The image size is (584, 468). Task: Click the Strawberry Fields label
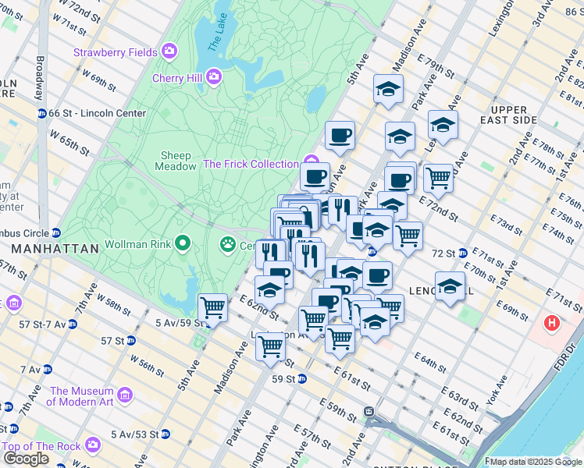116,52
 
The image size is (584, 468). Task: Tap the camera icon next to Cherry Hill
214,78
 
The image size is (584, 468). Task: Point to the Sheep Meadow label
177,161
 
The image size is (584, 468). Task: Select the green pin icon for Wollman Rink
183,244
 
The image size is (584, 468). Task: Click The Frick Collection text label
251,164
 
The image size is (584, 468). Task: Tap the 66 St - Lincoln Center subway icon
42,113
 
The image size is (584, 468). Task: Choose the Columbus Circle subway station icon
56,233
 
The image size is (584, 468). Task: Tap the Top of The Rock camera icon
94,445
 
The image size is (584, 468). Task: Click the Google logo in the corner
26,458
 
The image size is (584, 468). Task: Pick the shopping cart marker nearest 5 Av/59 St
212,307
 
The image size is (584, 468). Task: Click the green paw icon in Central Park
227,245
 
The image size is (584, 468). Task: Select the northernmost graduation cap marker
387,90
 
